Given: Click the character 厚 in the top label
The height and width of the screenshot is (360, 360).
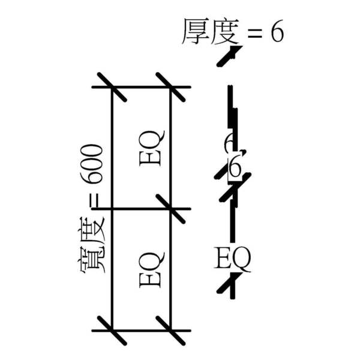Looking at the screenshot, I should pyautogui.click(x=195, y=33).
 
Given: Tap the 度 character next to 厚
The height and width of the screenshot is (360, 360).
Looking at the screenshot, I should pyautogui.click(x=225, y=33).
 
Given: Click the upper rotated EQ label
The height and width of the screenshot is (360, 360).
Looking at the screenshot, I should pyautogui.click(x=150, y=147).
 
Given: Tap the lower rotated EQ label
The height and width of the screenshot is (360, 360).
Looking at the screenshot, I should pyautogui.click(x=150, y=269).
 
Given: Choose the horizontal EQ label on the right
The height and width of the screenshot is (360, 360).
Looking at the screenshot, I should pyautogui.click(x=233, y=259).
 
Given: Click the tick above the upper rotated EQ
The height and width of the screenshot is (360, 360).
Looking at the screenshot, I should pyautogui.click(x=171, y=88).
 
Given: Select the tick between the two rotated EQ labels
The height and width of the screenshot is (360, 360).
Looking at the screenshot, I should pyautogui.click(x=171, y=209).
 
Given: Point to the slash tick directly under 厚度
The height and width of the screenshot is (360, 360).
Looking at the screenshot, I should pyautogui.click(x=229, y=55).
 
